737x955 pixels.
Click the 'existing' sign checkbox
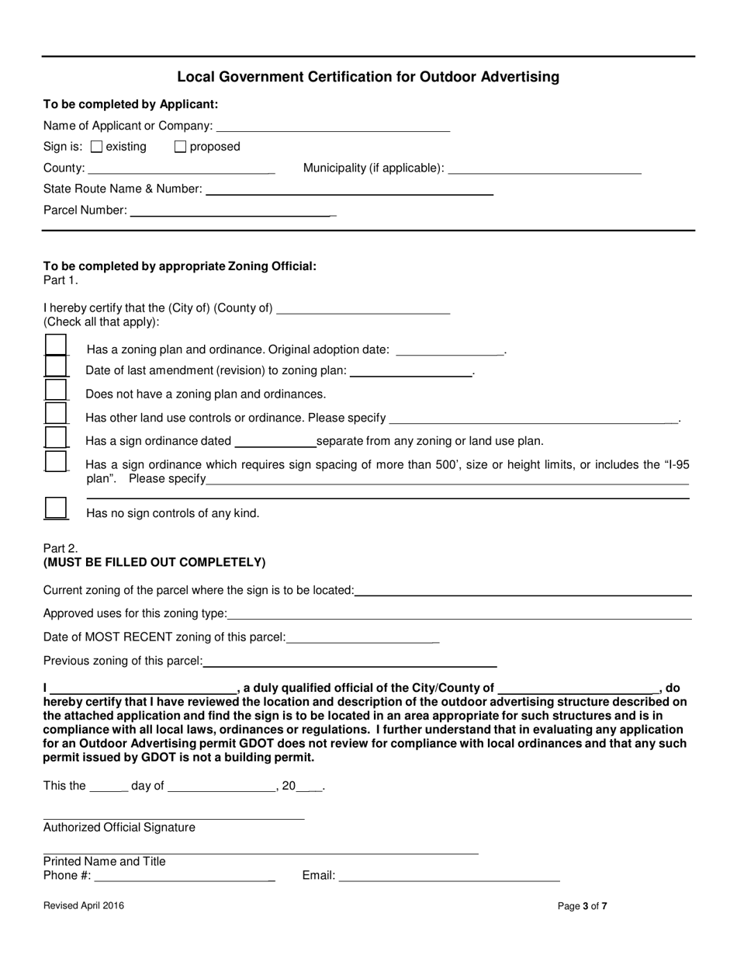pyautogui.click(x=97, y=147)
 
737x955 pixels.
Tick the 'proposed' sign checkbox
pyautogui.click(x=180, y=147)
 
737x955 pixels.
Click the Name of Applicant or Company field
pyautogui.click(x=333, y=126)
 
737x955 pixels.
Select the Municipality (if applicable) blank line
pyautogui.click(x=545, y=168)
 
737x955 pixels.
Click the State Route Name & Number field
pyautogui.click(x=349, y=189)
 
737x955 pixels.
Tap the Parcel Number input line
pyautogui.click(x=231, y=210)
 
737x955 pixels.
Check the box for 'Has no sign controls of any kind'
pyautogui.click(x=56, y=509)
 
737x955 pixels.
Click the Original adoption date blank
pyautogui.click(x=449, y=350)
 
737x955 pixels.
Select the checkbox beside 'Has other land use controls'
pyautogui.click(x=56, y=414)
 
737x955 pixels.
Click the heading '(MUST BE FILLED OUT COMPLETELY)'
pyautogui.click(x=154, y=562)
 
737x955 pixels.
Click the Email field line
pyautogui.click(x=449, y=877)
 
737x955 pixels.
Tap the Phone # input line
pyautogui.click(x=183, y=877)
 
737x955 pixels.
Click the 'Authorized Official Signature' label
pyautogui.click(x=119, y=828)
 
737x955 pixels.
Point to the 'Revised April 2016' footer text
pyautogui.click(x=83, y=905)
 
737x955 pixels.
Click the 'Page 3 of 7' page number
pyautogui.click(x=583, y=905)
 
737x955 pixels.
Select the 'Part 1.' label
pyautogui.click(x=61, y=280)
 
